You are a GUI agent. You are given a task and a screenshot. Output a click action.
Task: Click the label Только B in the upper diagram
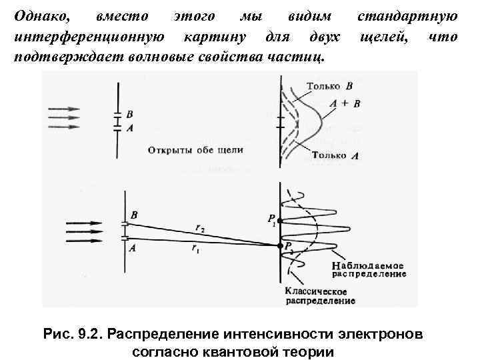click(x=331, y=87)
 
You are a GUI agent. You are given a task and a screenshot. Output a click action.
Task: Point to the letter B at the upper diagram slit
click(x=129, y=115)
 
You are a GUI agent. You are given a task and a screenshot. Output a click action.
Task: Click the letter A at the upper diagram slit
click(x=129, y=128)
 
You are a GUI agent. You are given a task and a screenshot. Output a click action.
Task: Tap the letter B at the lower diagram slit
click(x=134, y=215)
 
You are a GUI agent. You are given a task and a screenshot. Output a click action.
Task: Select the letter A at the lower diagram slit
click(x=133, y=247)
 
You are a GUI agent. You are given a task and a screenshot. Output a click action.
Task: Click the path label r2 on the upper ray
click(x=199, y=229)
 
